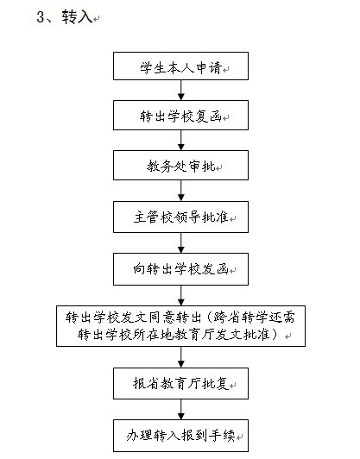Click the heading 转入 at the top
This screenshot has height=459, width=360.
[77, 16]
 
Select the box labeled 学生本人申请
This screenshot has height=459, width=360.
[180, 66]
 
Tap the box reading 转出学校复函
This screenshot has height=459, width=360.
[180, 116]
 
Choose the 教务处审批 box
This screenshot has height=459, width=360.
[180, 166]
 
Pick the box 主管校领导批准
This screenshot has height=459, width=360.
[180, 217]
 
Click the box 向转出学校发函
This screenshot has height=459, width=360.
[180, 269]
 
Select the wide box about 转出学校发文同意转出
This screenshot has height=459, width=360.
[180, 326]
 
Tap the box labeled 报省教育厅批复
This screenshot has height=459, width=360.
[180, 383]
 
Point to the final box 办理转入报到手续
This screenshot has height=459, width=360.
[180, 436]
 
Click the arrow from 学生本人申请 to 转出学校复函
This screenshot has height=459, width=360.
[181, 90]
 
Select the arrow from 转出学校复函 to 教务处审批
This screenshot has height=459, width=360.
[181, 141]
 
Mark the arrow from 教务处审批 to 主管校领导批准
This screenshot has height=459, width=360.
[181, 191]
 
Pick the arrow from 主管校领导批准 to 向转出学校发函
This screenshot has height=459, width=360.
[181, 243]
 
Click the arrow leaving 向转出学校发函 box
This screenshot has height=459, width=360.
[181, 295]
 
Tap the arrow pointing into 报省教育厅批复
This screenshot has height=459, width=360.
[181, 357]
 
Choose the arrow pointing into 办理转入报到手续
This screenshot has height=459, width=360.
[181, 409]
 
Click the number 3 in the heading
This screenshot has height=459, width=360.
[41, 17]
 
